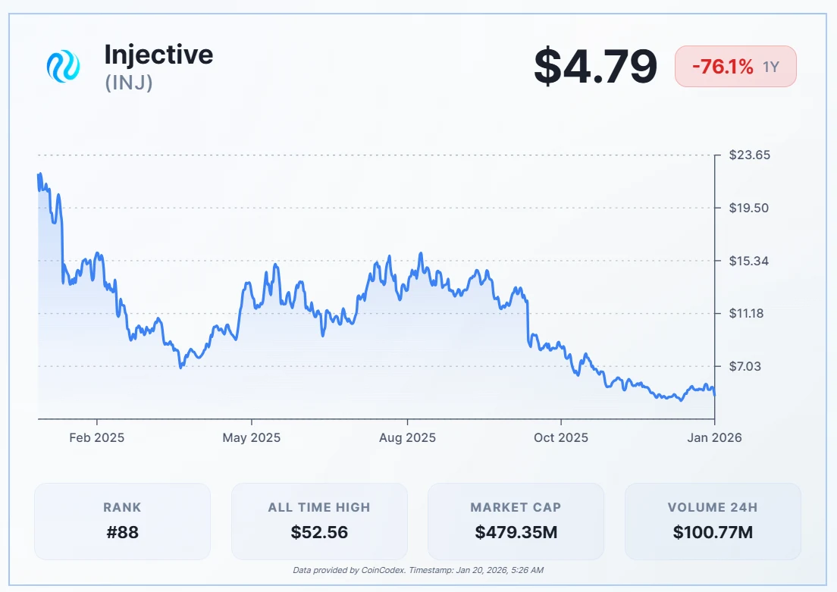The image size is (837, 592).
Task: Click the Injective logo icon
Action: tap(63, 67)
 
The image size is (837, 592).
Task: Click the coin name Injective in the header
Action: tap(158, 55)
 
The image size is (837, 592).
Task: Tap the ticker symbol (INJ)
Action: tap(129, 82)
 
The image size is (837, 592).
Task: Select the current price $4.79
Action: tap(595, 67)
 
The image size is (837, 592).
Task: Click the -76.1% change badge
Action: tap(735, 67)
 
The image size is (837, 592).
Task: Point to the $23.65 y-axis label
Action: tap(749, 155)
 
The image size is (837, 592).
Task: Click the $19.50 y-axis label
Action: tap(749, 208)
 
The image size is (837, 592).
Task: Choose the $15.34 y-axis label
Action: tap(749, 261)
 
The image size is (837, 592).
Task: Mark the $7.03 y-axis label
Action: tap(747, 366)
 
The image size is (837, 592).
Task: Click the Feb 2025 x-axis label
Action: tap(96, 438)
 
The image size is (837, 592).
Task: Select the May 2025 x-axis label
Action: tap(251, 438)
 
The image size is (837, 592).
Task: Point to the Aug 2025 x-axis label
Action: tap(407, 438)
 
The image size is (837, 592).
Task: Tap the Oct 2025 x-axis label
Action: tap(560, 438)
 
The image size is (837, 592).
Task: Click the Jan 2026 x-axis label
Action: tap(714, 438)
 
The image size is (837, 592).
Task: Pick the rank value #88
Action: tap(122, 532)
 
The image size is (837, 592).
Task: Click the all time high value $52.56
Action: tap(319, 532)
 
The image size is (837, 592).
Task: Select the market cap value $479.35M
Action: tap(516, 532)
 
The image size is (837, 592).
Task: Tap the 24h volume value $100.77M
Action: tap(713, 532)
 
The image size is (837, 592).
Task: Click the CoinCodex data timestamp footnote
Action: tap(418, 570)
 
